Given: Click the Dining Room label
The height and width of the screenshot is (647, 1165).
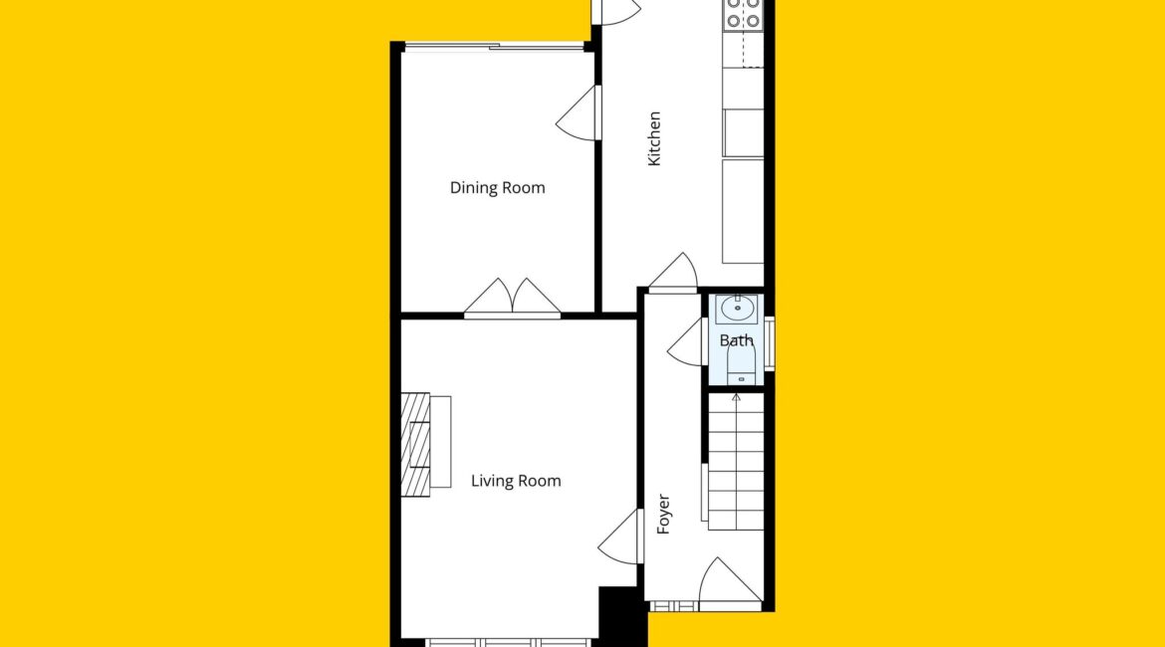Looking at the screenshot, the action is tap(497, 188).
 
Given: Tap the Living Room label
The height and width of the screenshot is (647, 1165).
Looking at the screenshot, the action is tap(516, 482).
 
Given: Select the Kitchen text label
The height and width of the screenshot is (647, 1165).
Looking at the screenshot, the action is tap(654, 139).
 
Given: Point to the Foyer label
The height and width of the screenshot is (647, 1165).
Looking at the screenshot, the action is tap(663, 514).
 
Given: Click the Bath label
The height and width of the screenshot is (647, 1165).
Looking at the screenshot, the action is tap(736, 340).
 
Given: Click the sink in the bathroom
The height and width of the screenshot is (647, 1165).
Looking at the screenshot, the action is tap(736, 309).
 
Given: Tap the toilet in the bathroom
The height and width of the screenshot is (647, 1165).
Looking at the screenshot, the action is tap(741, 365).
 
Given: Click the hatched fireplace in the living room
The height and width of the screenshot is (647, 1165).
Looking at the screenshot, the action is tap(416, 444).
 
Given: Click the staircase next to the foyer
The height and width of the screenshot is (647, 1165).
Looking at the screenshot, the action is tap(736, 461).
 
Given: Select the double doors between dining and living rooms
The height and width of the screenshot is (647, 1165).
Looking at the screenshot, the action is tap(513, 299).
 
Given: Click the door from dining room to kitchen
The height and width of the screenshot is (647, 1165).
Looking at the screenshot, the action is tap(579, 112).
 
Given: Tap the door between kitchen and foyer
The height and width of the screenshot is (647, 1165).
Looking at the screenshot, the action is tap(673, 273).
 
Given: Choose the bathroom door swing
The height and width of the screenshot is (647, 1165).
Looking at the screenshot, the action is tap(686, 341).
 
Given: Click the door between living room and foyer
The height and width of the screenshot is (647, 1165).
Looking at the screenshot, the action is tap(619, 537).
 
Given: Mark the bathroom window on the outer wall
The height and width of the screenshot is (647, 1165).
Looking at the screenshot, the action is tap(770, 343).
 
